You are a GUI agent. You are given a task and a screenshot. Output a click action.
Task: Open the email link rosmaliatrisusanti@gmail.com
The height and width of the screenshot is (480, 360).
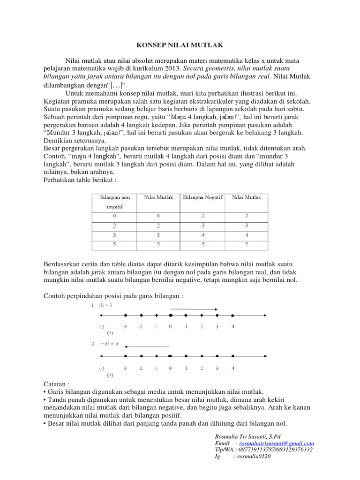(x=277, y=443)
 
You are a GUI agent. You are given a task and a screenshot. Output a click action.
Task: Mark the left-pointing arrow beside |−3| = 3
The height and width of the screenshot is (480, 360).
(x=147, y=346)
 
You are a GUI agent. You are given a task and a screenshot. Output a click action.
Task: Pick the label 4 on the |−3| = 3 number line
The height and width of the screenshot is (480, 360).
(x=233, y=368)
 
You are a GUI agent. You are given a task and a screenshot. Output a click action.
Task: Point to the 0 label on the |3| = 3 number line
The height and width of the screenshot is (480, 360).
(x=171, y=327)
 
